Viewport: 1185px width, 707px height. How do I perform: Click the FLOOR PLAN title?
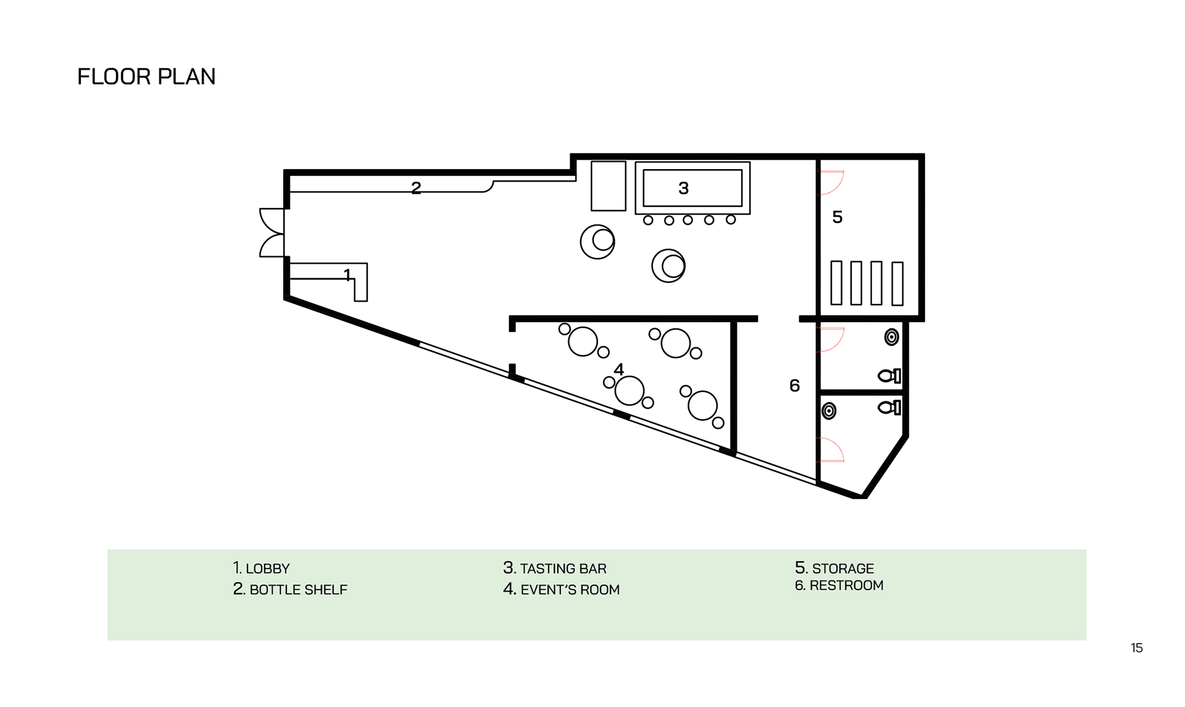[x=146, y=77]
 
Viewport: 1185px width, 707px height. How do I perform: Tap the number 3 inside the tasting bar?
[x=683, y=188]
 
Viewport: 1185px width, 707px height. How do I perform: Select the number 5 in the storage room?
[x=837, y=217]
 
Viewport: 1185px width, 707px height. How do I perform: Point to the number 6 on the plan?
[x=794, y=386]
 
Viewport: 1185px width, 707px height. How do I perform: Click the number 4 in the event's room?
[x=618, y=369]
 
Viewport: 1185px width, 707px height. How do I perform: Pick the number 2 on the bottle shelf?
[x=416, y=188]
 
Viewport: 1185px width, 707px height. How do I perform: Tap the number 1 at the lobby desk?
[x=347, y=274]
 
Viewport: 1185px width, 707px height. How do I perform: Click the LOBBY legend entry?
[x=261, y=568]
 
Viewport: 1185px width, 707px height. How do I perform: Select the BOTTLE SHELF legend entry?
[x=290, y=590]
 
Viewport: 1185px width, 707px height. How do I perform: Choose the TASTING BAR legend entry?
[x=554, y=568]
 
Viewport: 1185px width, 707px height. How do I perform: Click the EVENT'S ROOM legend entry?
[x=561, y=590]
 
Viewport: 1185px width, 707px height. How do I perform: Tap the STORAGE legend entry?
[x=834, y=568]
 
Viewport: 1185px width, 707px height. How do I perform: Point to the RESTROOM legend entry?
[x=839, y=585]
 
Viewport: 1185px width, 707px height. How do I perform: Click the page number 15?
[x=1136, y=648]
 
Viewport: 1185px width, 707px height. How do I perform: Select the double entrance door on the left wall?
[x=272, y=232]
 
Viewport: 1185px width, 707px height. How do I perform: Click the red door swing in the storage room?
[x=831, y=182]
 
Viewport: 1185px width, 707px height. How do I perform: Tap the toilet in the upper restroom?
[x=889, y=375]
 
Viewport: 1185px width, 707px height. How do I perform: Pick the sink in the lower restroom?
[x=829, y=411]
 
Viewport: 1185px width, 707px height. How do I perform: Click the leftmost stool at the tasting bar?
[x=648, y=220]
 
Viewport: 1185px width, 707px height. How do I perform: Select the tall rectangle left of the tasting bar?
[x=608, y=186]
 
